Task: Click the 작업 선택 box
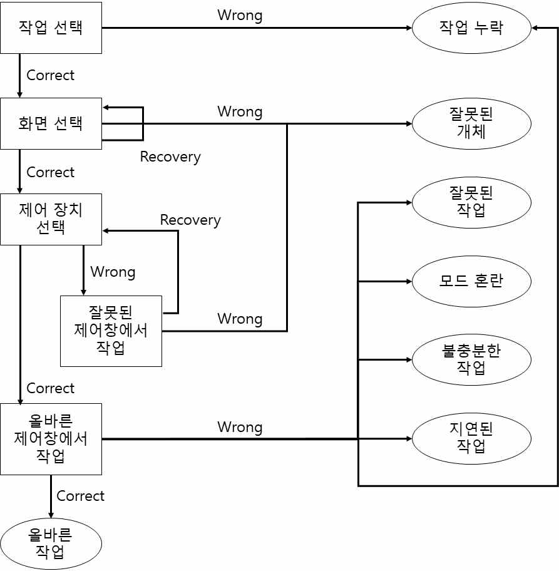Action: (51, 28)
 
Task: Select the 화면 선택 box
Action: (51, 123)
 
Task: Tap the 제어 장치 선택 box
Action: (51, 219)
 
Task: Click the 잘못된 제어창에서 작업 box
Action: (111, 331)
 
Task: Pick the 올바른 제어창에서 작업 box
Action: (51, 438)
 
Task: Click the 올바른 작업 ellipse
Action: (51, 543)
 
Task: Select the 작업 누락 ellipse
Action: (471, 28)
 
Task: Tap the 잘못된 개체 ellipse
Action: (471, 123)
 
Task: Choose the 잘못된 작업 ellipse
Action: (471, 202)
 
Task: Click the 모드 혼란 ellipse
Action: (471, 281)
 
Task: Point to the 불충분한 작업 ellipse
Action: (471, 359)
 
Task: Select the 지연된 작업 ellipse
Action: (471, 438)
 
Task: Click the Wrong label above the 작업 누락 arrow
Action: (240, 15)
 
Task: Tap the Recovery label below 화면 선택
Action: (170, 157)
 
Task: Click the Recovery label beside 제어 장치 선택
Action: (190, 220)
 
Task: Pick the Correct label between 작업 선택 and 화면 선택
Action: (50, 75)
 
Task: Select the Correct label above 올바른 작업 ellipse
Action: (80, 496)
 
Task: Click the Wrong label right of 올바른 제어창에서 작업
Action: (240, 427)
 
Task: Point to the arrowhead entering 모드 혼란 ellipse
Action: (408, 281)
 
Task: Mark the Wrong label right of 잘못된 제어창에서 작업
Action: (240, 319)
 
